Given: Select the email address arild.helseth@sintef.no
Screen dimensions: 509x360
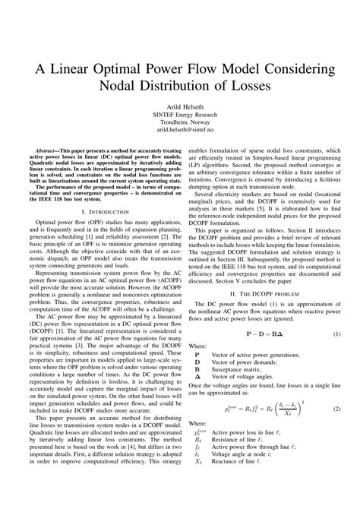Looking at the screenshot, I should point(179,130).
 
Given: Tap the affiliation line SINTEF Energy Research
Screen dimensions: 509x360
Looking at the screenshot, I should point(179,115).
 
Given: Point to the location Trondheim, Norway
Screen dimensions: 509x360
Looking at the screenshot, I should point(179,122).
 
